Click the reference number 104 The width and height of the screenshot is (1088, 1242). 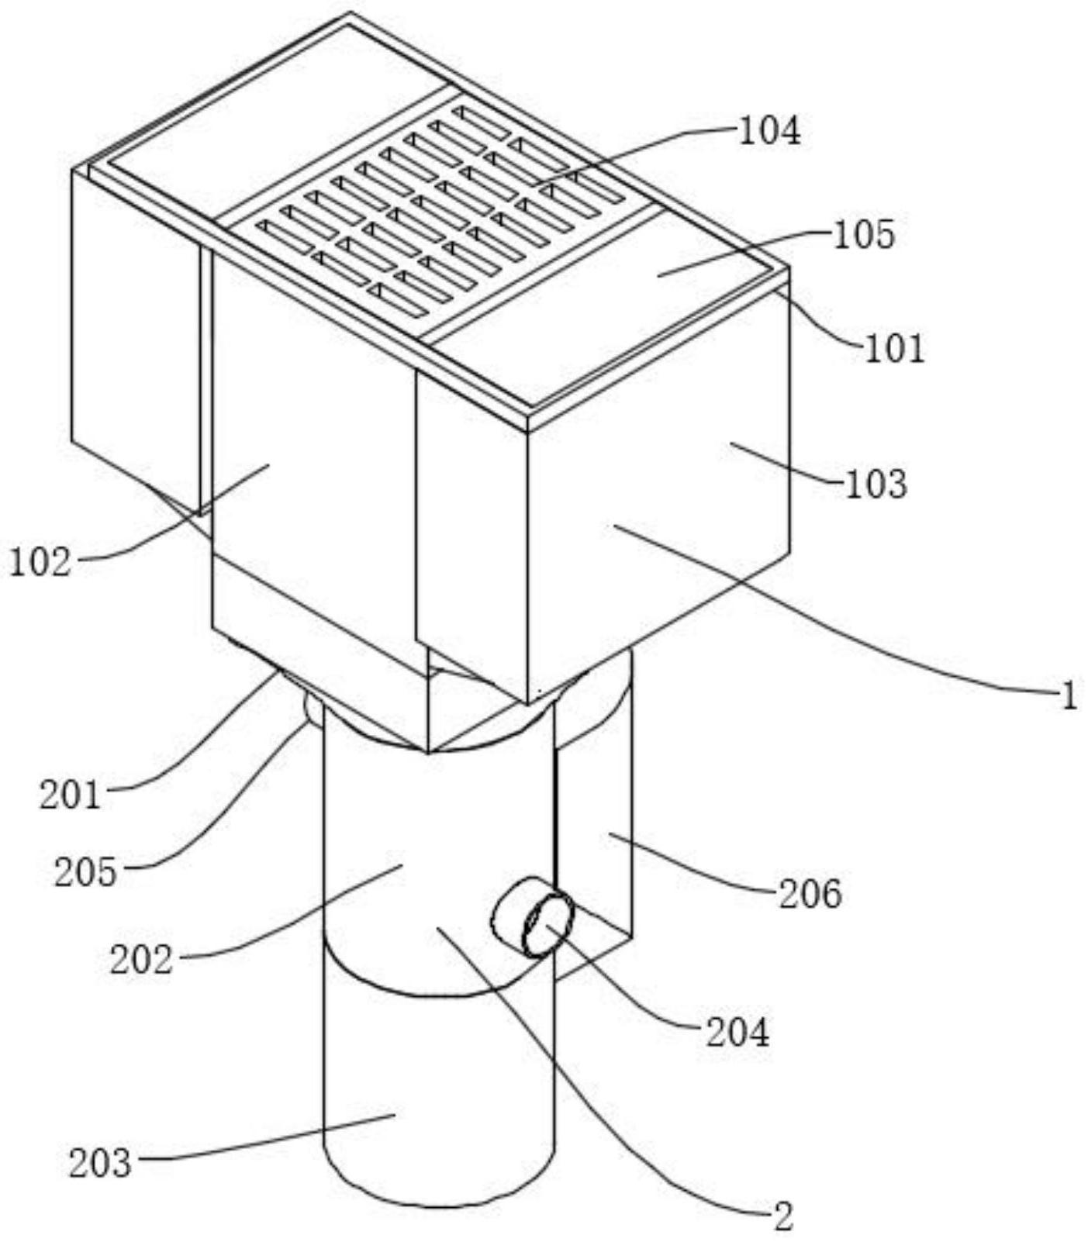pos(769,132)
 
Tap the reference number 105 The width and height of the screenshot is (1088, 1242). pos(864,233)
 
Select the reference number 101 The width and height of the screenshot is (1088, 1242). pos(895,349)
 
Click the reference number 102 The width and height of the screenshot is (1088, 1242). pos(40,562)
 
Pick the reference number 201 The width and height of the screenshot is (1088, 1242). pos(71,795)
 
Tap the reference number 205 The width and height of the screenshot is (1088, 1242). pos(85,873)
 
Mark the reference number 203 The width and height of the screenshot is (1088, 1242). pos(100,1164)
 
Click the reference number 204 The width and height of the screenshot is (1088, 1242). pos(737,1033)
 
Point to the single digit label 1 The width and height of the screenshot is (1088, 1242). pos(1069,697)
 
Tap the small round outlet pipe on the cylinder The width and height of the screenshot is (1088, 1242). pos(534,916)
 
